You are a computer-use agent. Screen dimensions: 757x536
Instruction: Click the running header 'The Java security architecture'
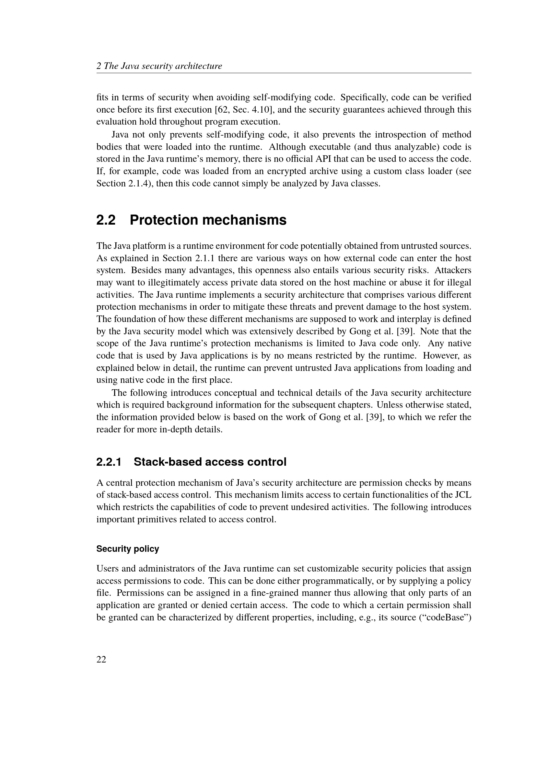coord(163,66)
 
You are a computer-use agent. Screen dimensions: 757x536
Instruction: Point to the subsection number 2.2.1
coord(109,462)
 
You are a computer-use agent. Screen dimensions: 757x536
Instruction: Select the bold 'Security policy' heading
coord(127,549)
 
